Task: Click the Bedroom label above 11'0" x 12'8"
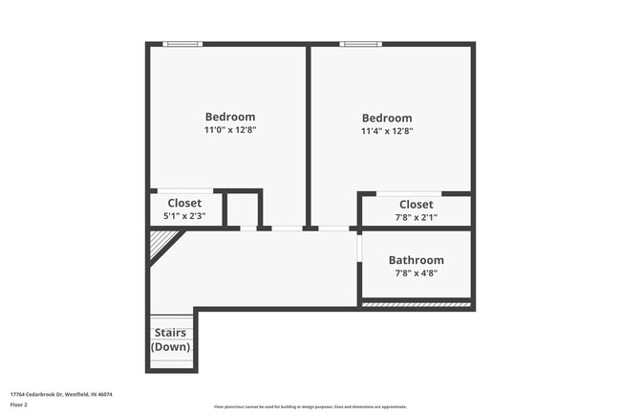pyautogui.click(x=229, y=117)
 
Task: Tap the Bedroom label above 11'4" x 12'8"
pyautogui.click(x=386, y=119)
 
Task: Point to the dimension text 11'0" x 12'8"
pyautogui.click(x=229, y=130)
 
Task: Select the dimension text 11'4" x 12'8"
pyautogui.click(x=386, y=132)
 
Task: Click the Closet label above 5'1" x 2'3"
pyautogui.click(x=184, y=203)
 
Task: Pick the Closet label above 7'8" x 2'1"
pyautogui.click(x=416, y=204)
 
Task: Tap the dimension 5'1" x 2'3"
pyautogui.click(x=184, y=216)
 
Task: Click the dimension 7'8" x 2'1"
pyautogui.click(x=416, y=217)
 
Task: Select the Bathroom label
pyautogui.click(x=416, y=260)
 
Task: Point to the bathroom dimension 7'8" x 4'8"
pyautogui.click(x=416, y=273)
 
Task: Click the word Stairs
pyautogui.click(x=170, y=333)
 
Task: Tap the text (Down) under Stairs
pyautogui.click(x=170, y=346)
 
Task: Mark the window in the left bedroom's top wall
pyautogui.click(x=182, y=43)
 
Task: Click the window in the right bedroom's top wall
pyautogui.click(x=361, y=43)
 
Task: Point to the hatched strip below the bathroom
pyautogui.click(x=416, y=305)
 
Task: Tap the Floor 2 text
pyautogui.click(x=19, y=404)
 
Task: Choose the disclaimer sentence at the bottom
pyautogui.click(x=310, y=406)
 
